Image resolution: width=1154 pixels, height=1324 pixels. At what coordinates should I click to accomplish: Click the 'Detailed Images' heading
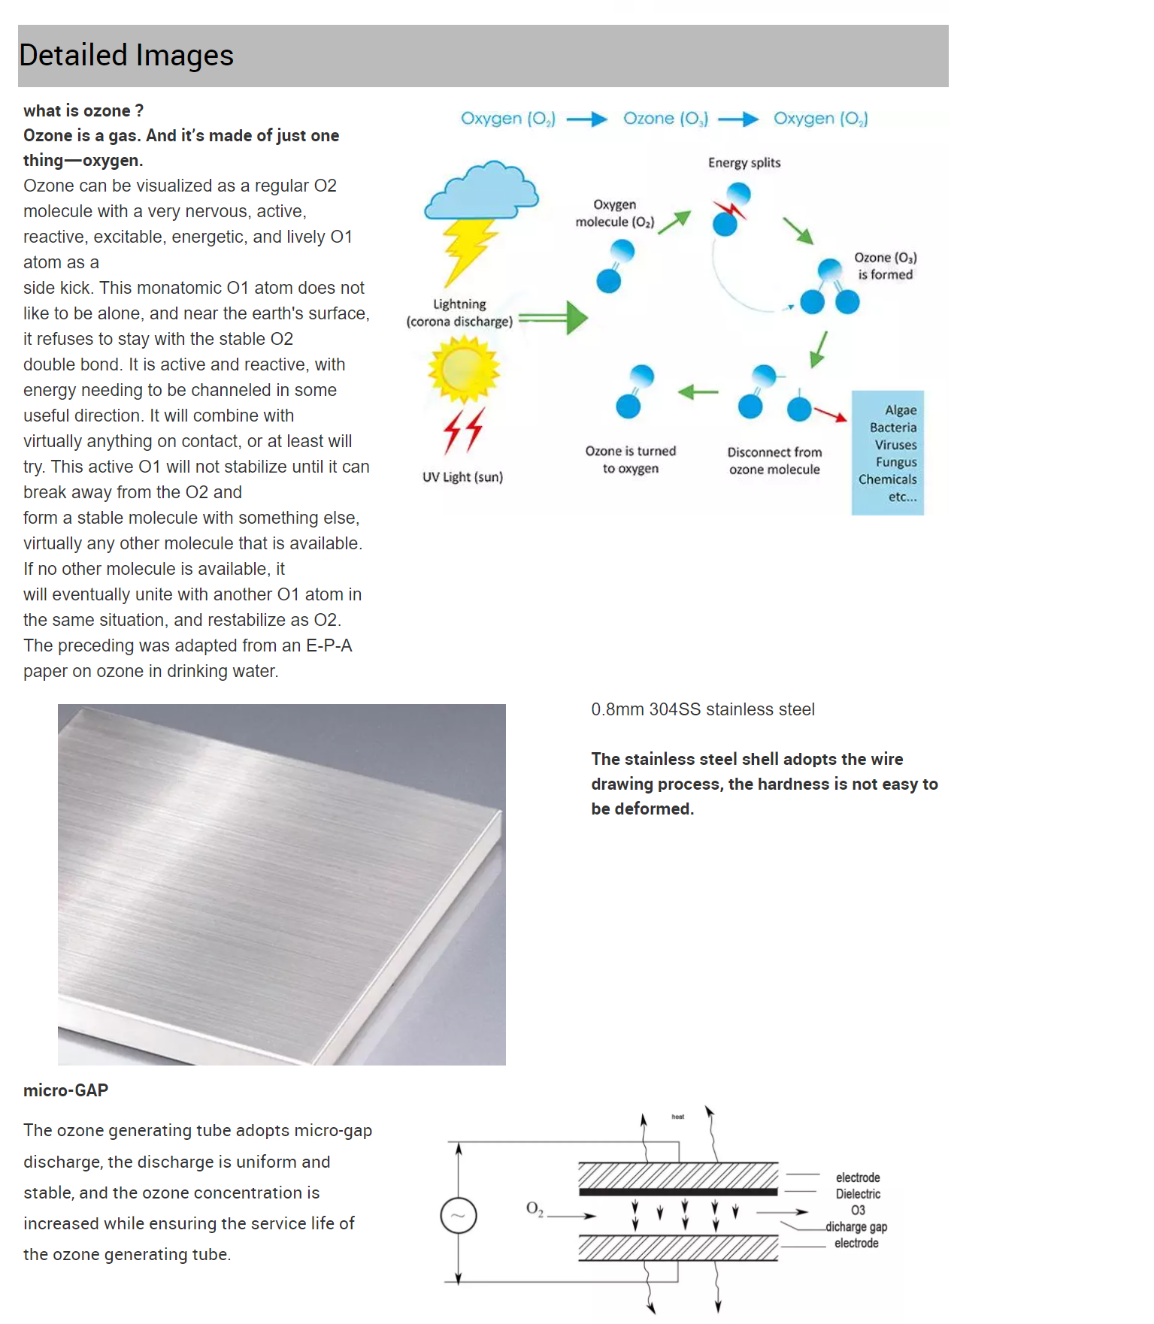tap(126, 56)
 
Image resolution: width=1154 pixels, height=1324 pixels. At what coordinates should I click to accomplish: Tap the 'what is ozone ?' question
tap(83, 111)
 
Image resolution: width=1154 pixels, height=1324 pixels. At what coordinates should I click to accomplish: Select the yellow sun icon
tap(463, 369)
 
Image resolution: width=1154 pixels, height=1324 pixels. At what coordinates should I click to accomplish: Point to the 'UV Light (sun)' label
tap(462, 477)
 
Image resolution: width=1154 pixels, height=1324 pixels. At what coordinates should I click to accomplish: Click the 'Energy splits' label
tap(744, 163)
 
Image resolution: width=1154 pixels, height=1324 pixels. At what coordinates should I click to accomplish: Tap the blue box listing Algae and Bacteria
tap(887, 452)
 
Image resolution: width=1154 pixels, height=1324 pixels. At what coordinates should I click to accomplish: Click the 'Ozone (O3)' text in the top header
tap(665, 119)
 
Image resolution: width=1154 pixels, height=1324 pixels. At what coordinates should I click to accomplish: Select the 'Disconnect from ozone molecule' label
tap(774, 461)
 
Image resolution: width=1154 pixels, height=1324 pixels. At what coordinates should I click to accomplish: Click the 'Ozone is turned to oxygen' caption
tap(631, 460)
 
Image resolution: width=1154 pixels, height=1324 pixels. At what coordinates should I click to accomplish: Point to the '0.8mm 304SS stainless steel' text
tap(702, 709)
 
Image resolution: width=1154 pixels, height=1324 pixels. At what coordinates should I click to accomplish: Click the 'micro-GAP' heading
tap(66, 1090)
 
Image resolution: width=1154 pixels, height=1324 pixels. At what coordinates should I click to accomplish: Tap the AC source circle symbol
tap(459, 1215)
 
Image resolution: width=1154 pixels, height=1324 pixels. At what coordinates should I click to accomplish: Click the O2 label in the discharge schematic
tap(535, 1208)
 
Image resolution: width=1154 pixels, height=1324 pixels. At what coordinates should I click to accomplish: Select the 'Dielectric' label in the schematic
tap(858, 1194)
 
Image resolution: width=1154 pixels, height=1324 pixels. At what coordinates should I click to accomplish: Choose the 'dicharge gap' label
tap(856, 1227)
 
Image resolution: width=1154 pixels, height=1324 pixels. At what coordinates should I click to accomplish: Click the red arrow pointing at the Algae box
tap(830, 414)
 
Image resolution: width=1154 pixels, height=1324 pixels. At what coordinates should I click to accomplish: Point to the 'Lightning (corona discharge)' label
tap(459, 313)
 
